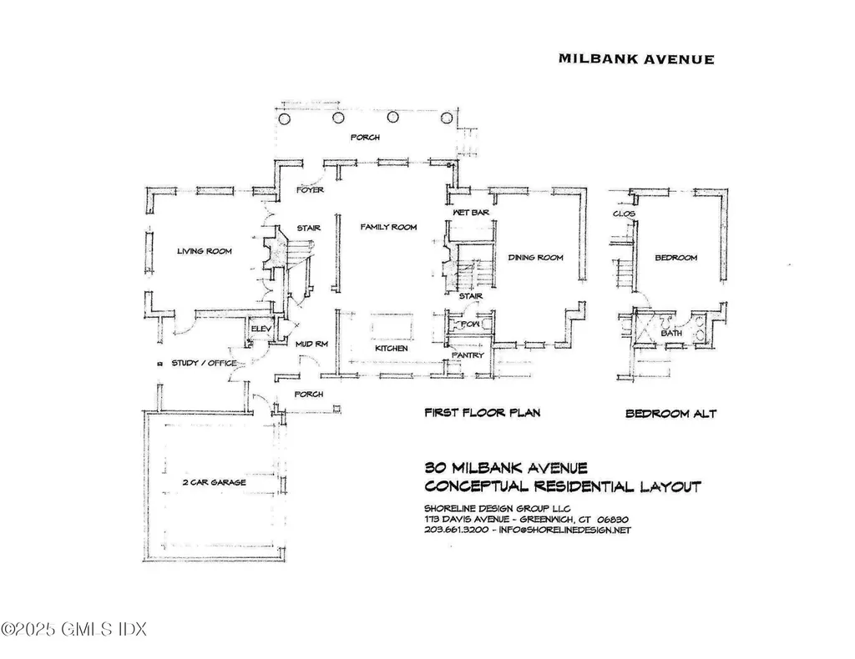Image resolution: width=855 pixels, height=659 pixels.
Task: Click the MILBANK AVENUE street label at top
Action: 635,59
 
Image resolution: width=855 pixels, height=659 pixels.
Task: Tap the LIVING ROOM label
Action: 204,251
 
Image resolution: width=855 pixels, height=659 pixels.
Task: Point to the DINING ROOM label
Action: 535,258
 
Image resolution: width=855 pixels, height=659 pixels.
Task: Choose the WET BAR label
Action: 470,214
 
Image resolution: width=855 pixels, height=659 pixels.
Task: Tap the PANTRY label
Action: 468,355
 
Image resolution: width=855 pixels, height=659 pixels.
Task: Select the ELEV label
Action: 262,329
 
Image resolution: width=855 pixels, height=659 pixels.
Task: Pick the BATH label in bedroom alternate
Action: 671,334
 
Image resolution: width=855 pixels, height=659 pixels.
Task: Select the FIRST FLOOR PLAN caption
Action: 483,413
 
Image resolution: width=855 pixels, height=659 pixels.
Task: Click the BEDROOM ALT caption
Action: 670,414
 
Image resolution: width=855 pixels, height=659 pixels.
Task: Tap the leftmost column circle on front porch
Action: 285,119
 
